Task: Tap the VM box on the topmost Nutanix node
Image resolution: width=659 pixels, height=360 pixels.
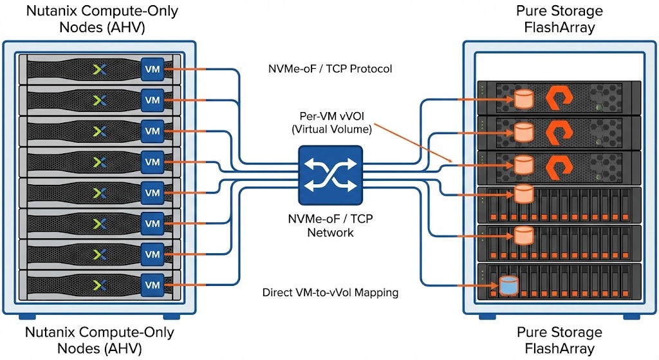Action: (153, 69)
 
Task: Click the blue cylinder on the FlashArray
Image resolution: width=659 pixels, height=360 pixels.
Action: (508, 285)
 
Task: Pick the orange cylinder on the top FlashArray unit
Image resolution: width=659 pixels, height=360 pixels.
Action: (523, 99)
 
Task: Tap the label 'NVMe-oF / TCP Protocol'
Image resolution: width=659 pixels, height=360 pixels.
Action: (329, 68)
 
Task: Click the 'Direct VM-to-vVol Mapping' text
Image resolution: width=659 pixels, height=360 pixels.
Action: (330, 292)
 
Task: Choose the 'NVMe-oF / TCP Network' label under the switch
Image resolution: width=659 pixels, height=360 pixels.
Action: (330, 226)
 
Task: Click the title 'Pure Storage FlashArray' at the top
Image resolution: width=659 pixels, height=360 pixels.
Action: (559, 19)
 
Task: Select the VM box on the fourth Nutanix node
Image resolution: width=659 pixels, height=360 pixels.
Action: (153, 162)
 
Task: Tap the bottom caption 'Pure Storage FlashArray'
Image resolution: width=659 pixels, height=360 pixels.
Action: (559, 341)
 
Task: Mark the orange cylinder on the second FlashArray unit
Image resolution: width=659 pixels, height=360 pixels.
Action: (523, 132)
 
